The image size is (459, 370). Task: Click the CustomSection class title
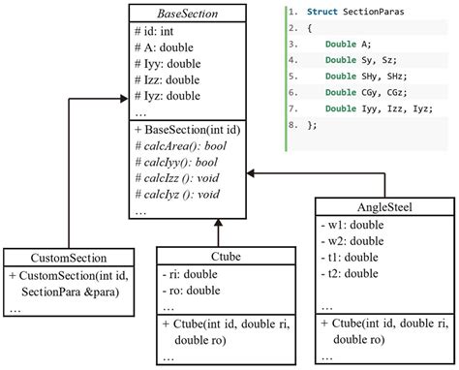click(x=69, y=259)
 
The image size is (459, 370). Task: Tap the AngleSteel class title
click(x=384, y=206)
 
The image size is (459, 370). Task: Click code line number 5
click(x=291, y=76)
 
